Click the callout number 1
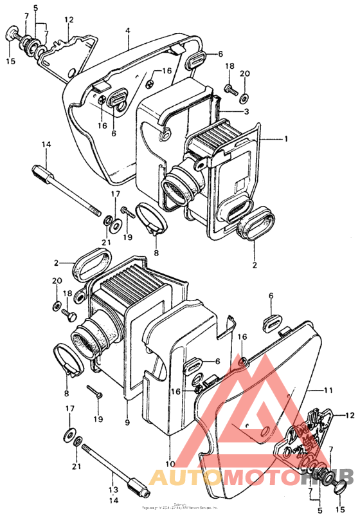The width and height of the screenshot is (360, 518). click(287, 138)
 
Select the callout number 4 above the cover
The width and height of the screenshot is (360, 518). click(128, 30)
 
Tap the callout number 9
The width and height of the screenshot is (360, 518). click(126, 422)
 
